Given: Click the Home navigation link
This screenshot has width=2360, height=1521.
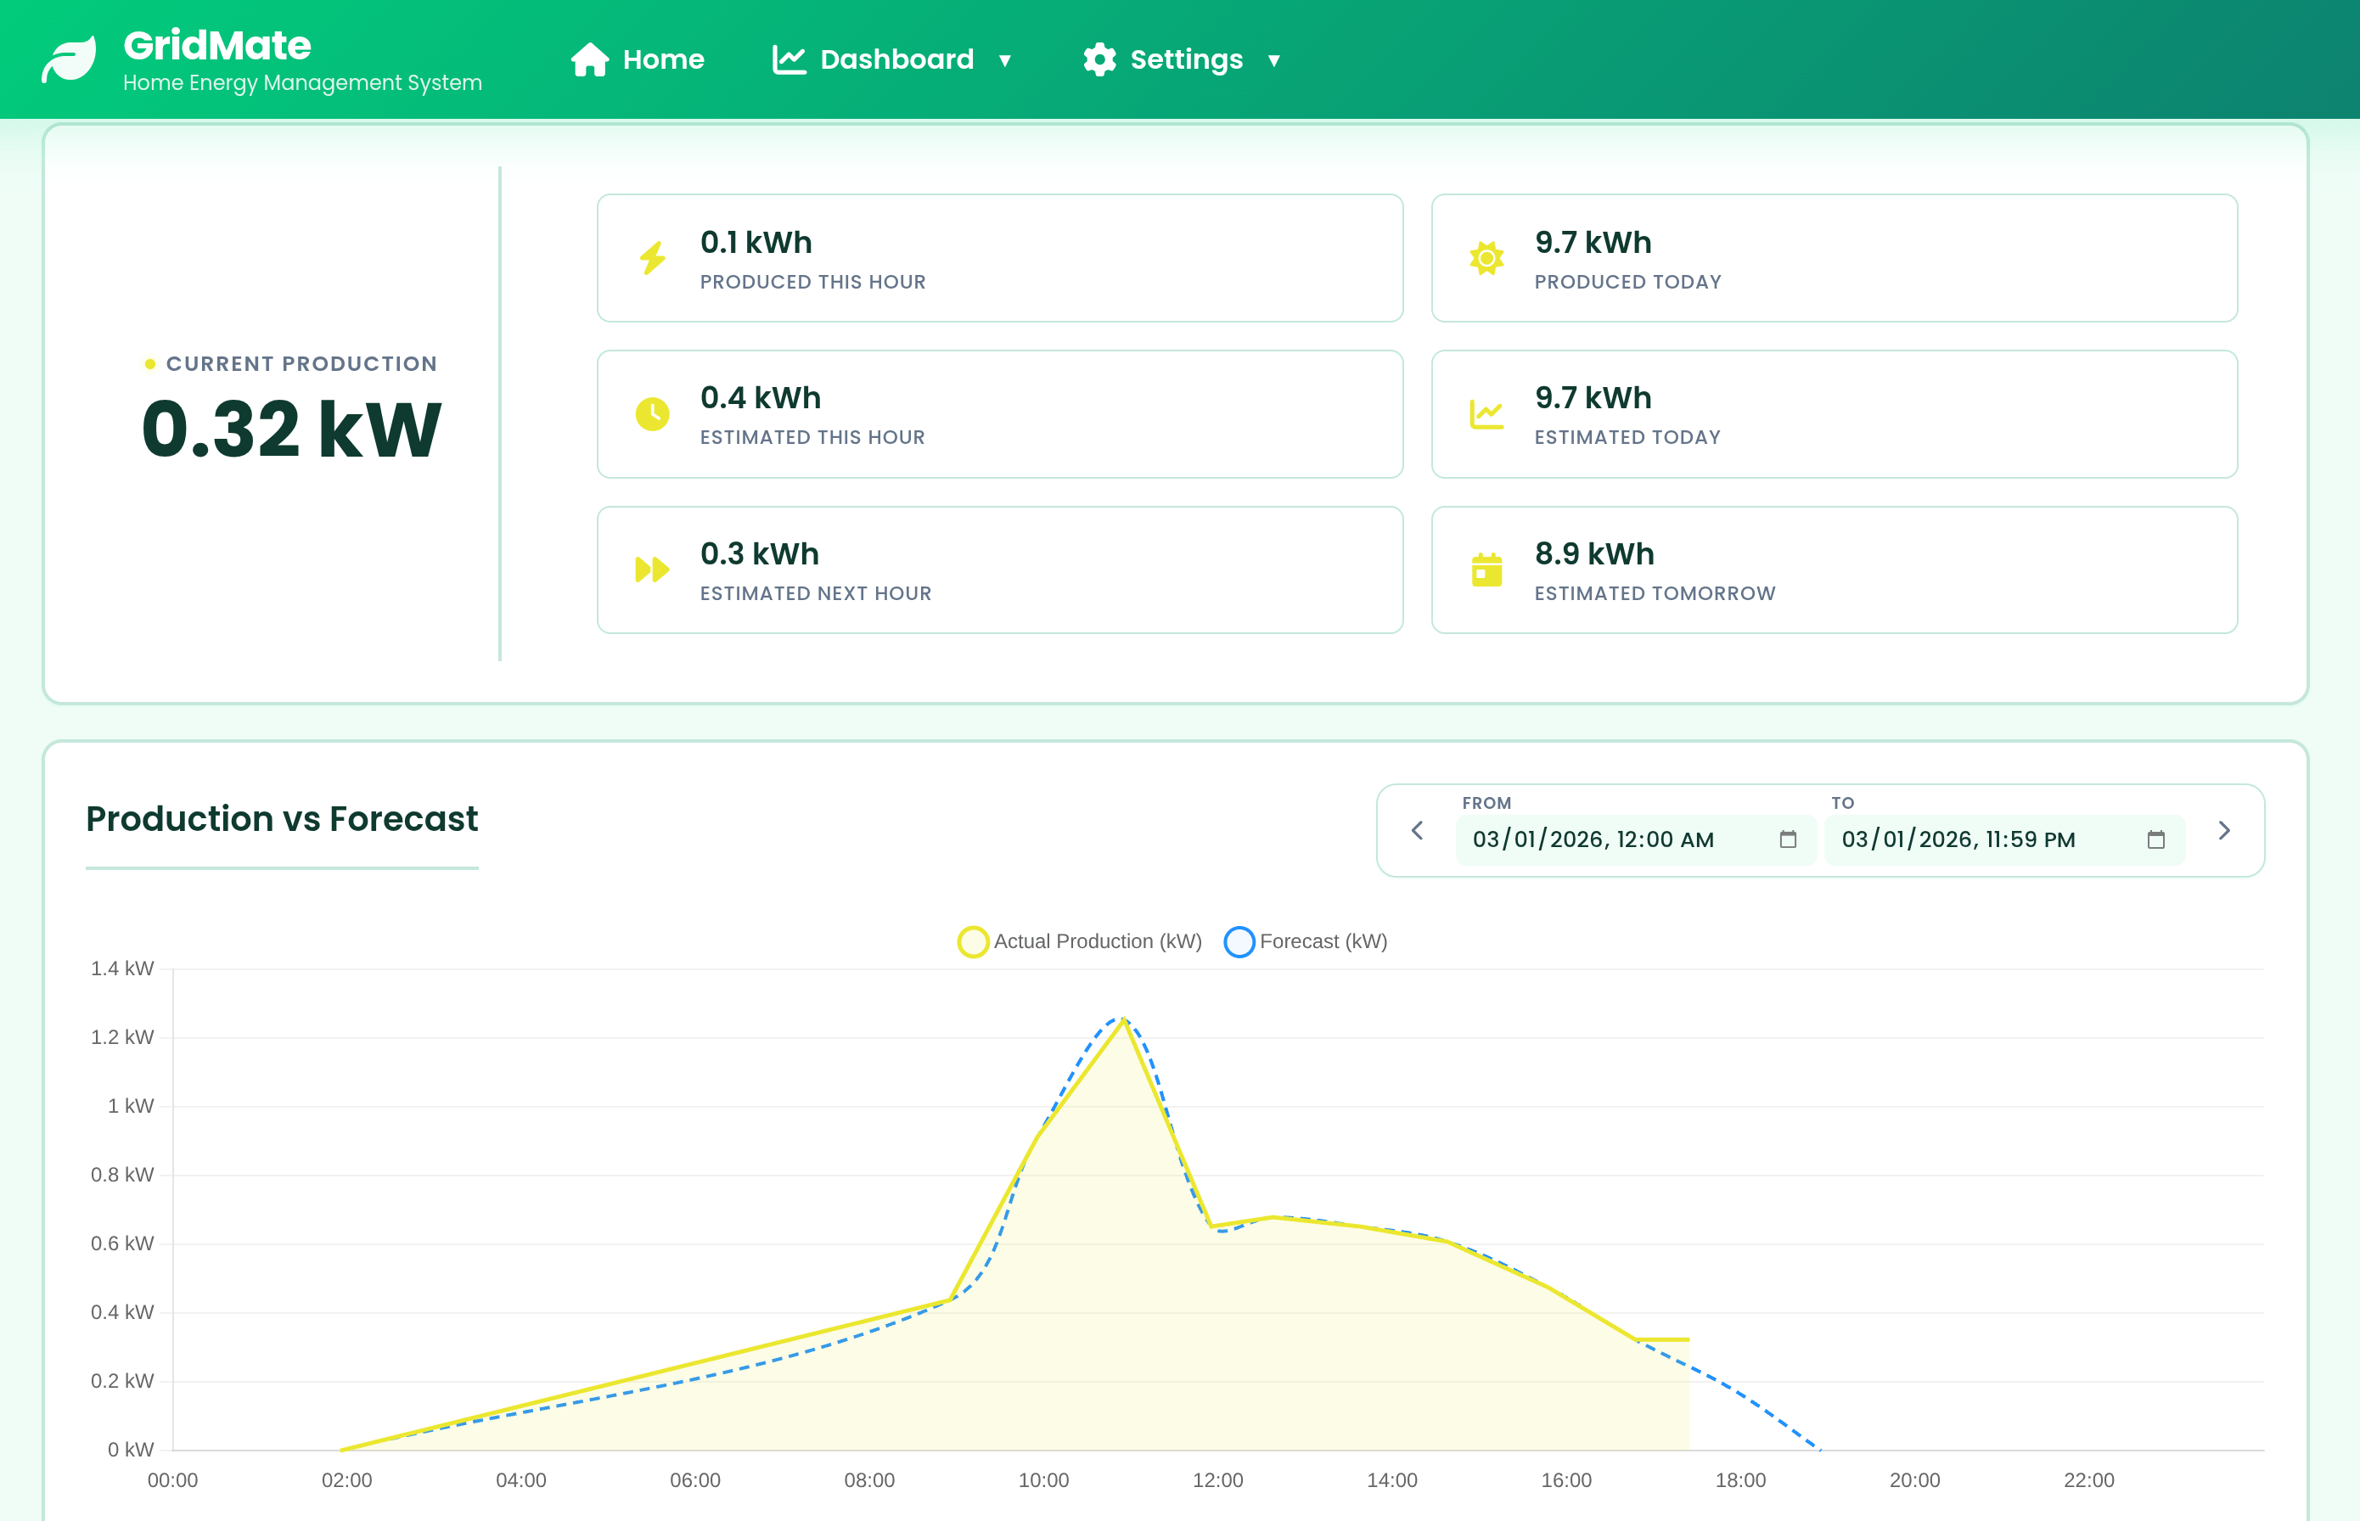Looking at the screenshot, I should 638,59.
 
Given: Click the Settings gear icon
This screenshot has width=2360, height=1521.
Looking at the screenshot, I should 1099,59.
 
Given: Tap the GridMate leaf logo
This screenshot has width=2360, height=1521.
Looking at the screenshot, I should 69,59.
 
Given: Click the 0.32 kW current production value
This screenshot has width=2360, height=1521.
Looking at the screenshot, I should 291,429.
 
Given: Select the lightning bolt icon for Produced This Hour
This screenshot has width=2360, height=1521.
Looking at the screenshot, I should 652,258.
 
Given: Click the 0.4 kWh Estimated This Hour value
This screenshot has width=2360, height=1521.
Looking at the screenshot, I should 760,398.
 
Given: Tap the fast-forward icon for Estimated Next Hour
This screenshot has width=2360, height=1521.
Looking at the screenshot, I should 652,570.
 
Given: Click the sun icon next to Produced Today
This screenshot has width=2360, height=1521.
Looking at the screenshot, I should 1486,258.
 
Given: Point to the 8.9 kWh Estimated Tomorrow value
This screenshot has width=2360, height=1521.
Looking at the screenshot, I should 1593,554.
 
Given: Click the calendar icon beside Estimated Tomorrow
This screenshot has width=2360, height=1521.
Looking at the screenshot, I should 1486,570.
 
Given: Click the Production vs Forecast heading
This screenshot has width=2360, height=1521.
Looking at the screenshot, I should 282,819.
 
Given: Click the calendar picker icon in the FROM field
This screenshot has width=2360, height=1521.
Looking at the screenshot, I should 1787,839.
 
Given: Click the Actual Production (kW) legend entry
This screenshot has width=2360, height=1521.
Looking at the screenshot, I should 1080,941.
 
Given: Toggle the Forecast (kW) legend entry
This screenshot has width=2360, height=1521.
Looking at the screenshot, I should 1306,941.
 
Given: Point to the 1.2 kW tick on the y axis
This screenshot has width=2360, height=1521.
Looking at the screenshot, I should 122,1037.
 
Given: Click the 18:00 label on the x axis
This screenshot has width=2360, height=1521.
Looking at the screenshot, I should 1739,1479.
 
